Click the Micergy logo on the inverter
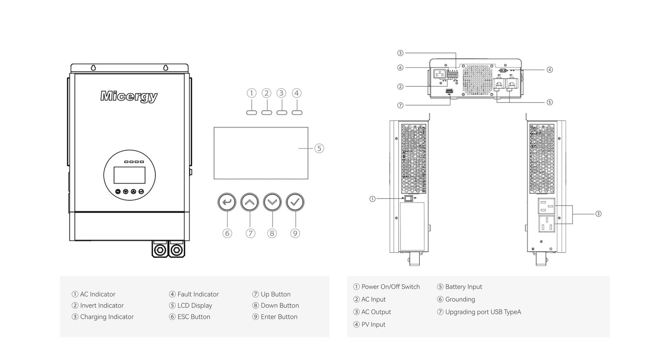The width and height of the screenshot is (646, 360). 129,96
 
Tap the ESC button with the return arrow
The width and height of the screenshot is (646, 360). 227,202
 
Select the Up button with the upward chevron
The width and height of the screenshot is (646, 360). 250,202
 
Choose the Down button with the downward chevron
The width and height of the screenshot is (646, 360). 272,202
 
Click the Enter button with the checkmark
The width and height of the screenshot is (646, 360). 295,202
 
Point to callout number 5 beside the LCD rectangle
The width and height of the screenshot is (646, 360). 319,148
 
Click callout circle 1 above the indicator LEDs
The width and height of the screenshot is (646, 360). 252,93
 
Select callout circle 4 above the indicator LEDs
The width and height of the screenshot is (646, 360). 297,93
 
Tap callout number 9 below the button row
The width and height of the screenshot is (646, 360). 295,233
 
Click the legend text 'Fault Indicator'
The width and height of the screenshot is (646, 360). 198,294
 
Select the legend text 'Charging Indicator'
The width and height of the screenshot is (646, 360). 107,317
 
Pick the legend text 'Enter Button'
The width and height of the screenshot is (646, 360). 279,317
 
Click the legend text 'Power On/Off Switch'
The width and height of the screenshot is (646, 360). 390,287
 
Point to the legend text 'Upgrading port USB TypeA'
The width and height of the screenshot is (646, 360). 483,312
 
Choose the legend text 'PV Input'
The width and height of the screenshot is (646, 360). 373,324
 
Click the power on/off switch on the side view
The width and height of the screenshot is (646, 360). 409,198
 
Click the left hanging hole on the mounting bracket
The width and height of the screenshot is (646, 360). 93,67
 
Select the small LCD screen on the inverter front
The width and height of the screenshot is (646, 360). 129,175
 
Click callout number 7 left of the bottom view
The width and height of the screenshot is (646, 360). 400,105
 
